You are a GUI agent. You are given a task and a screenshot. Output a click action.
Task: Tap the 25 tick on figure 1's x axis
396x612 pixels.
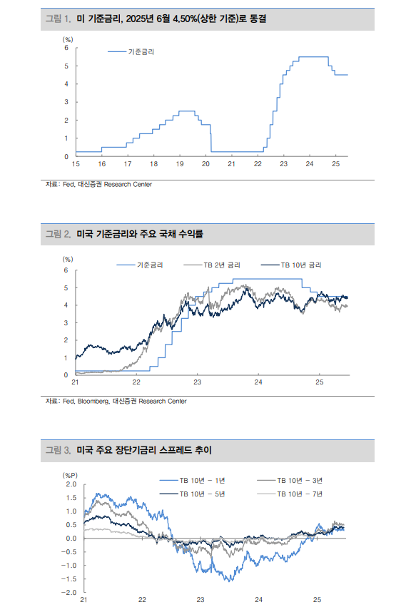click(x=335, y=164)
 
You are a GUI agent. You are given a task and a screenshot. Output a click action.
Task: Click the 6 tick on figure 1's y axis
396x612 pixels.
click(x=66, y=48)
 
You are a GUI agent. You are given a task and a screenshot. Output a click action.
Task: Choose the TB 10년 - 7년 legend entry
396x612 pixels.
click(x=300, y=493)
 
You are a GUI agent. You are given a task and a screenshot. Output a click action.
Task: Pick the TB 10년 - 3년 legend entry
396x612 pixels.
click(x=300, y=481)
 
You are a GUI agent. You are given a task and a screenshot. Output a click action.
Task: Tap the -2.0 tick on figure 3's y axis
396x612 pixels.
click(x=69, y=593)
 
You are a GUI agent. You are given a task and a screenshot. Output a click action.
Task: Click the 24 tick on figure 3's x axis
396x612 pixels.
click(x=259, y=601)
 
